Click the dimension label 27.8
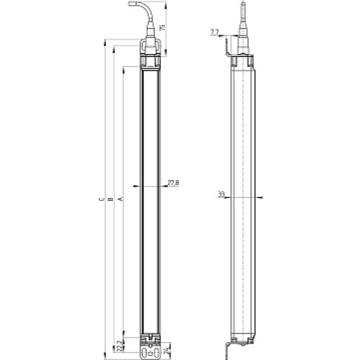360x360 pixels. point(173,184)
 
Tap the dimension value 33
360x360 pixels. point(220,194)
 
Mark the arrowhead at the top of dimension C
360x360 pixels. point(106,45)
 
